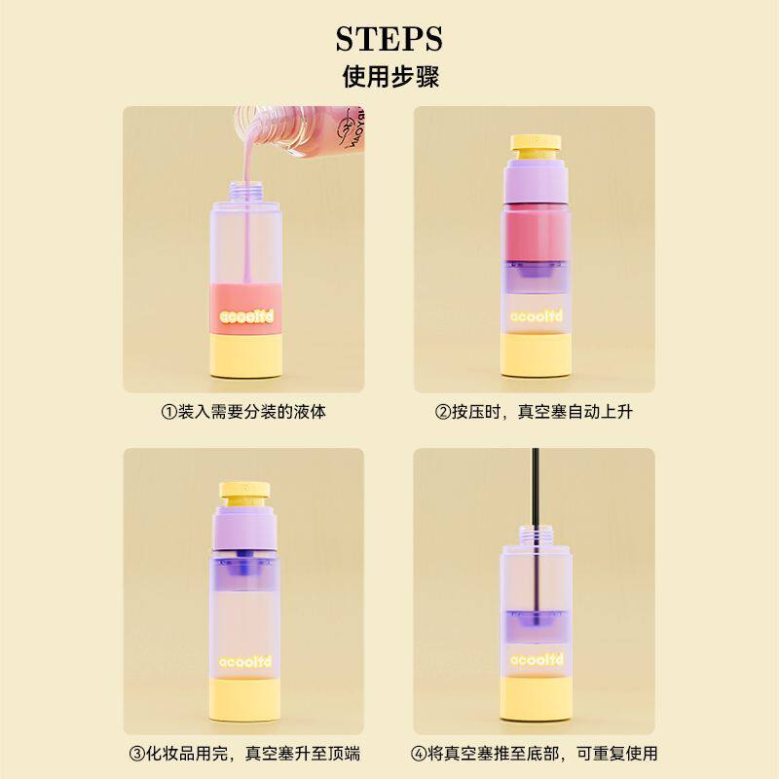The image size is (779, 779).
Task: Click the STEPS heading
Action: click(389, 39)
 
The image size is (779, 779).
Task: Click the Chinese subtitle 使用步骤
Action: click(390, 77)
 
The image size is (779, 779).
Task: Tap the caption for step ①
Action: click(243, 412)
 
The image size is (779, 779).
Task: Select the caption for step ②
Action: click(534, 412)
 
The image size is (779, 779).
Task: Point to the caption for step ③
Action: click(244, 754)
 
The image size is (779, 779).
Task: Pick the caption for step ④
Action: click(534, 754)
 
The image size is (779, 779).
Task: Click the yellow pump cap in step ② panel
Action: click(536, 145)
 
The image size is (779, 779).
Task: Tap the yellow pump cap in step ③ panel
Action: click(245, 492)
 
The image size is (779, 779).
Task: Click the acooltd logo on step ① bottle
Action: click(246, 316)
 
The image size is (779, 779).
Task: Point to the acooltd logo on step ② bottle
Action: click(537, 315)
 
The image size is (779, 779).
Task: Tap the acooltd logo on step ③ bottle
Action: click(245, 662)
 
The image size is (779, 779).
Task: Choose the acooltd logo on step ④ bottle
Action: click(537, 660)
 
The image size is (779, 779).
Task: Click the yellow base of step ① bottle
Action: click(246, 356)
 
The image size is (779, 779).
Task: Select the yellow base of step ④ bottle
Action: click(537, 698)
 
